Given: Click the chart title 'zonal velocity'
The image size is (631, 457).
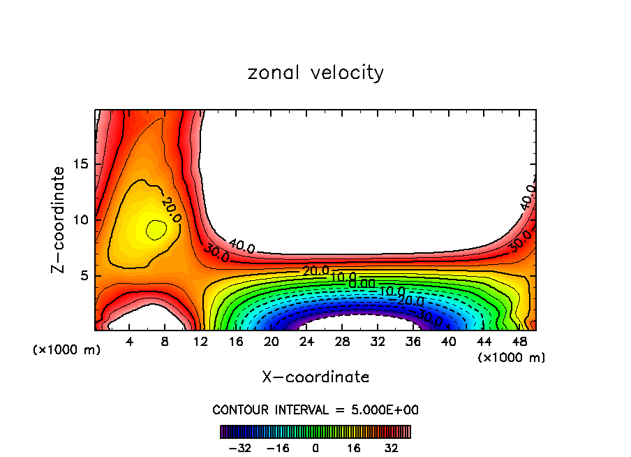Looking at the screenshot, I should pos(315,73).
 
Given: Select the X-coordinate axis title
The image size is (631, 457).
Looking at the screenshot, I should pos(315,377).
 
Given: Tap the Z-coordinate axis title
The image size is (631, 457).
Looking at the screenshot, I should pos(59,219).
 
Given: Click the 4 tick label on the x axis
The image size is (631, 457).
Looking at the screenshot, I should pos(130,342).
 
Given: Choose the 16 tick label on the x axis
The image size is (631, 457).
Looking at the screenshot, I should pos(236,342).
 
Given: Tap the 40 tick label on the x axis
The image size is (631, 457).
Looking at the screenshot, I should pos(448,342).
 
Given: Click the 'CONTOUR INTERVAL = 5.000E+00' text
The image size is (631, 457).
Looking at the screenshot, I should pos(315,409).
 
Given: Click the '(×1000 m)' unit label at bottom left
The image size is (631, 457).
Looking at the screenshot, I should pos(67,349).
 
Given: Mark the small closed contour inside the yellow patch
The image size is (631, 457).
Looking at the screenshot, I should pos(156,229).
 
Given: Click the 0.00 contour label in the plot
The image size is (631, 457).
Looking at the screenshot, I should pos(362,283).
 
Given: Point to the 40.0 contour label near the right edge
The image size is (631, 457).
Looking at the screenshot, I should pos(528,197).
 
